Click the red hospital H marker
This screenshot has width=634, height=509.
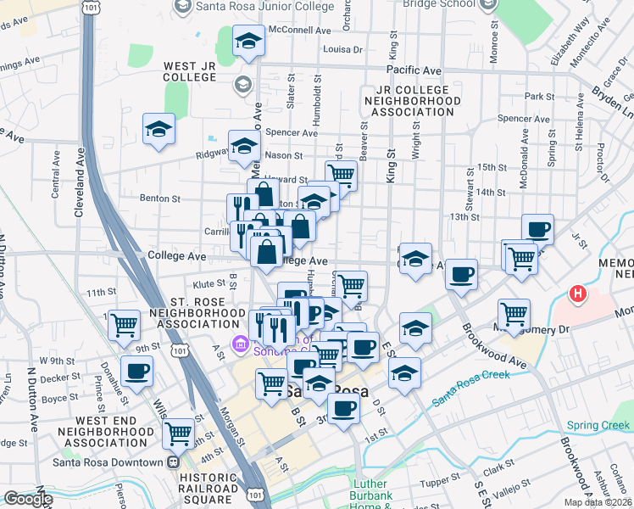point(578,294)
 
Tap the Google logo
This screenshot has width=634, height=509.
point(27,499)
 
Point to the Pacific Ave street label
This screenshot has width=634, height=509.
point(414,70)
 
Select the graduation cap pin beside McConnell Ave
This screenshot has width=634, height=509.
point(248,41)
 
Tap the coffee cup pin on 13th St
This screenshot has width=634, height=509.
point(537,229)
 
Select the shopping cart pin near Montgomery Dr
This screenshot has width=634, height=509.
point(514,314)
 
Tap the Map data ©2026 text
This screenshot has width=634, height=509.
point(598,502)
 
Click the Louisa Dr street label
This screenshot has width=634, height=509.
point(342,49)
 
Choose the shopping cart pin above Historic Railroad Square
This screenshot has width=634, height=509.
point(179,433)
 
